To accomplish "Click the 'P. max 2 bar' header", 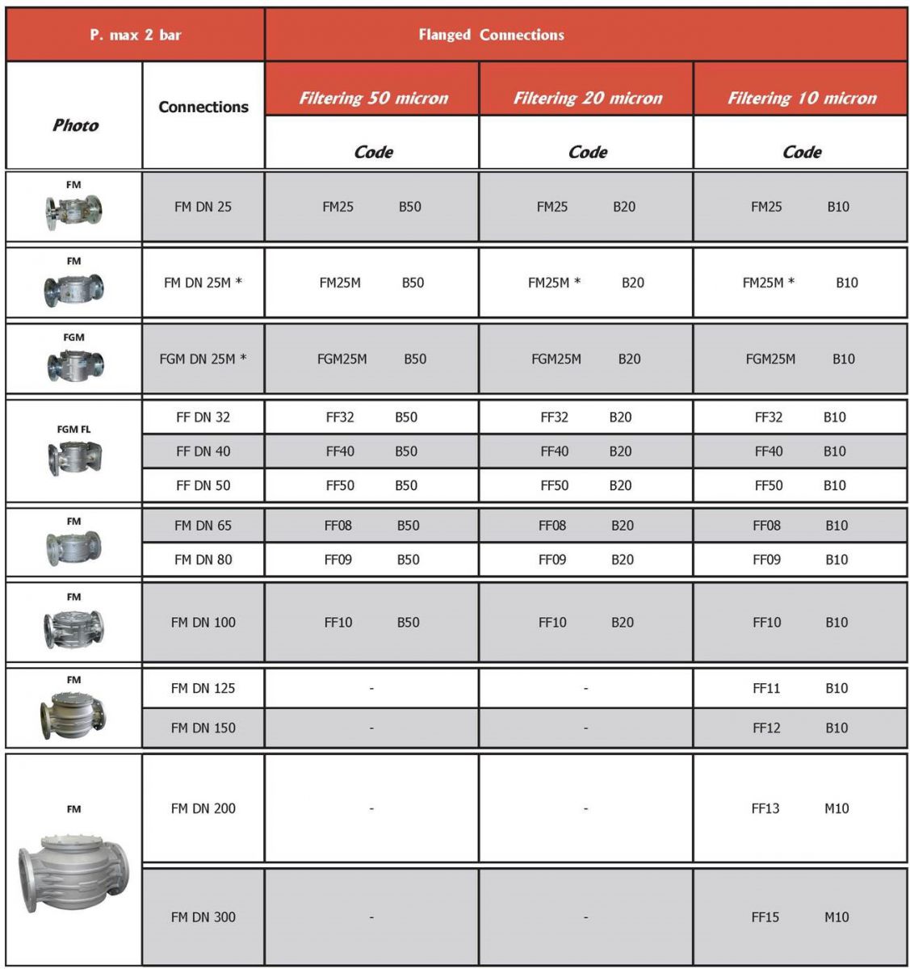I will pyautogui.click(x=135, y=35).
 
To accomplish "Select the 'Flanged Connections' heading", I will pyautogui.click(x=491, y=35).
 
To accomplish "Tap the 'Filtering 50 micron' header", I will pyautogui.click(x=373, y=99).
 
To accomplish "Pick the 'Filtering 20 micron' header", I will pyautogui.click(x=587, y=99).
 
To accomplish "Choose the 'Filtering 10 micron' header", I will pyautogui.click(x=801, y=99).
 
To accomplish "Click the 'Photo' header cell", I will pyautogui.click(x=75, y=125).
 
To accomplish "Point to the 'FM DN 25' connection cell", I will pyautogui.click(x=203, y=207).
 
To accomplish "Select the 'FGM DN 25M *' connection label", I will pyautogui.click(x=203, y=359).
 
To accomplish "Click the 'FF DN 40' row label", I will pyautogui.click(x=203, y=451).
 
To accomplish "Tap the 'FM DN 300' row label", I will pyautogui.click(x=203, y=917).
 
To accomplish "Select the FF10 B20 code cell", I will pyautogui.click(x=585, y=623).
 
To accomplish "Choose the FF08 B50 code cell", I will pyautogui.click(x=371, y=526).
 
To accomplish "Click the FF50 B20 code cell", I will pyautogui.click(x=585, y=485).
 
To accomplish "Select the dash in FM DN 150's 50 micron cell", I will pyautogui.click(x=371, y=728).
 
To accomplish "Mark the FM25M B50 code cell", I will pyautogui.click(x=371, y=283).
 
